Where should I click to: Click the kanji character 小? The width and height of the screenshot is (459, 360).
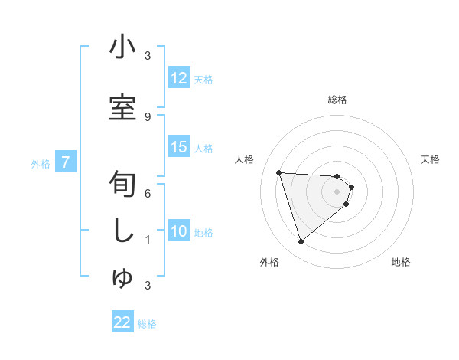pyautogui.click(x=122, y=47)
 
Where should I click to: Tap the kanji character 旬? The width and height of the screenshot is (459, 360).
pyautogui.click(x=122, y=185)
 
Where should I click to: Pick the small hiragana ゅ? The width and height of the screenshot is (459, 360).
pyautogui.click(x=122, y=279)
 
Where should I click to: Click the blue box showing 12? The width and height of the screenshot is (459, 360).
pyautogui.click(x=179, y=78)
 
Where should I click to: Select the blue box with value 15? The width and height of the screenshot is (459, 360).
pyautogui.click(x=179, y=148)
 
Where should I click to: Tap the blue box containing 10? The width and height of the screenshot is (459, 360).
pyautogui.click(x=179, y=232)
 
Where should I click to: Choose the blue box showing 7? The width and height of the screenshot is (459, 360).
pyautogui.click(x=67, y=162)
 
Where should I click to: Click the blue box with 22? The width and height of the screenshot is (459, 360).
pyautogui.click(x=122, y=323)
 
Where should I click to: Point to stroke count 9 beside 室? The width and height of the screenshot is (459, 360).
pyautogui.click(x=147, y=116)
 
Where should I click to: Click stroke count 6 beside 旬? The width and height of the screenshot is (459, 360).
pyautogui.click(x=147, y=194)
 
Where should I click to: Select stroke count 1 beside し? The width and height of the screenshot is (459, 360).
pyautogui.click(x=147, y=240)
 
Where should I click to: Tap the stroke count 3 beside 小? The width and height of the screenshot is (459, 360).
pyautogui.click(x=147, y=56)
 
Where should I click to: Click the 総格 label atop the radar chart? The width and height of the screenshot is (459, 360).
pyautogui.click(x=337, y=100)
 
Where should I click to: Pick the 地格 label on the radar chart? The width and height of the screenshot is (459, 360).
pyautogui.click(x=401, y=262)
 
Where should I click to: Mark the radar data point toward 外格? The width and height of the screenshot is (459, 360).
pyautogui.click(x=301, y=242)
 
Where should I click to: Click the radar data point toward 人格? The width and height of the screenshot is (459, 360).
pyautogui.click(x=279, y=172)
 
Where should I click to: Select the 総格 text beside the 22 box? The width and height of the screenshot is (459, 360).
pyautogui.click(x=147, y=324)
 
